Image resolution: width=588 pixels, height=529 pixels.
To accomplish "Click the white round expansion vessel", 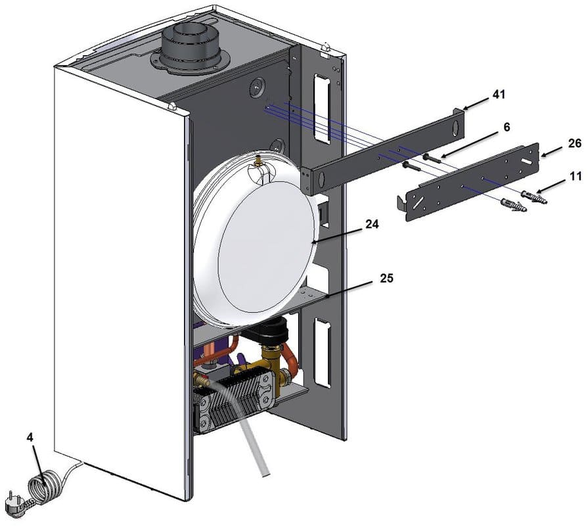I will (x=256, y=243).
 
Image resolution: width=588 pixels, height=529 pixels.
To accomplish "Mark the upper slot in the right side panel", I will (x=322, y=108).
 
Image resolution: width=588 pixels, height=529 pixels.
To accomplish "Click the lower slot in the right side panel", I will (x=322, y=352).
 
